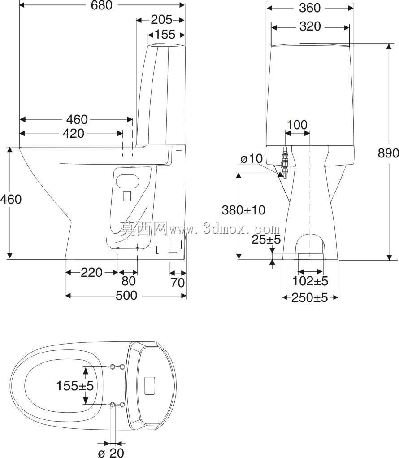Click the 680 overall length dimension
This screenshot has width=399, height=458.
point(102,5)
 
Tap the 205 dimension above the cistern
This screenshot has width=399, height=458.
point(161,20)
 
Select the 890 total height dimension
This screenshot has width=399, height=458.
point(388,153)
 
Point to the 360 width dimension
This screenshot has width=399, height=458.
point(310,8)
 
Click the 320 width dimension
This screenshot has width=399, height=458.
point(310,26)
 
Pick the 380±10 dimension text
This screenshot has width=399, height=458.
point(243,210)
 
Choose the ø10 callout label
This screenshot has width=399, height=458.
point(252,159)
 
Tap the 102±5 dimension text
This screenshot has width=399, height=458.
point(310,281)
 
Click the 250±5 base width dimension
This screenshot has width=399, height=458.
point(310,298)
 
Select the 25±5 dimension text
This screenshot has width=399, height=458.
point(266,240)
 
